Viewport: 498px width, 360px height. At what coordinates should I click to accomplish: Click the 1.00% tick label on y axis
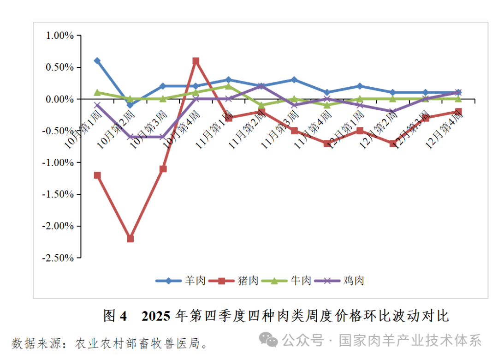click(59, 36)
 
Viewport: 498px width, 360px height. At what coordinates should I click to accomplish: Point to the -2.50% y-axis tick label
click(58, 258)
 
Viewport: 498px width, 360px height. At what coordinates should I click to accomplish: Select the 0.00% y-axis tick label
click(59, 99)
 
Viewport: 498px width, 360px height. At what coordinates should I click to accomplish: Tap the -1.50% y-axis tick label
click(58, 194)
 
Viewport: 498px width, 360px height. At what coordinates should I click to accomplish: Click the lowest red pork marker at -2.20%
click(130, 239)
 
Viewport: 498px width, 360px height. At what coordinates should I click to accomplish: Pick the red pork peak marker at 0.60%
click(196, 61)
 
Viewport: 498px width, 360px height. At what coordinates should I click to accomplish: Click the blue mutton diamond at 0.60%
click(97, 61)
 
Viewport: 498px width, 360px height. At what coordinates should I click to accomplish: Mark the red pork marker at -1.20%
click(97, 175)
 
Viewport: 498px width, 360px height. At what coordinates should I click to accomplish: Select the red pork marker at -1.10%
click(163, 169)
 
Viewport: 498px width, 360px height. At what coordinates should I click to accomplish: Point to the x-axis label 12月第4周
click(444, 129)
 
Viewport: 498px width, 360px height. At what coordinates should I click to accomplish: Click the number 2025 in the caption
click(157, 316)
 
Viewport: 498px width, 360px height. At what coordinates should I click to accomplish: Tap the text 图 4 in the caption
click(115, 316)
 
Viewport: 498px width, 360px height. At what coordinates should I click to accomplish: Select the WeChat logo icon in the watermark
click(268, 340)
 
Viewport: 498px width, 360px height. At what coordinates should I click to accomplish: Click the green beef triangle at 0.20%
click(228, 86)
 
